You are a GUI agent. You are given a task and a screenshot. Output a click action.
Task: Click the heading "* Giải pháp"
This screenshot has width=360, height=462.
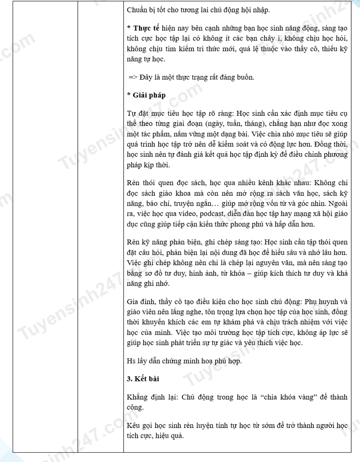pyautogui.click(x=146, y=95)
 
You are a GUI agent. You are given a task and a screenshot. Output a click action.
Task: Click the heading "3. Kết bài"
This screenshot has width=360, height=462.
pyautogui.click(x=143, y=379)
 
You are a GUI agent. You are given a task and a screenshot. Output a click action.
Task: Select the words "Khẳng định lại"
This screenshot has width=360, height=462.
pyautogui.click(x=148, y=397)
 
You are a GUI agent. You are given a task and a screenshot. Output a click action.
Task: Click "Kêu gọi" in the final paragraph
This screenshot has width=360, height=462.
pyautogui.click(x=139, y=426)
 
